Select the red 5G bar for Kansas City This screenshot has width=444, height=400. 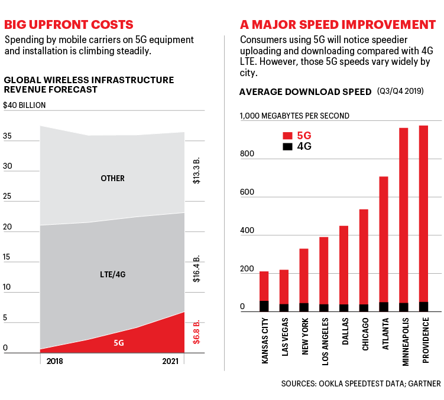(x=264, y=286)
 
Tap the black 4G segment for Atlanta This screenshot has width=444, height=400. (x=384, y=306)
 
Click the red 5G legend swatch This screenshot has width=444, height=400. (x=288, y=135)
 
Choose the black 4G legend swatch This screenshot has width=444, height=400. (x=288, y=146)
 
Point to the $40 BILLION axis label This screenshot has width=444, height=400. (x=24, y=105)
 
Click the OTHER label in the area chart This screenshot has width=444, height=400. (x=112, y=178)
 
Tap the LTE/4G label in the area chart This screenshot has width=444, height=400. (x=112, y=274)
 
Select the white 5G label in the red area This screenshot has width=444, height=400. (x=118, y=342)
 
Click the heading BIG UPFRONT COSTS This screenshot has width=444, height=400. (x=69, y=25)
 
